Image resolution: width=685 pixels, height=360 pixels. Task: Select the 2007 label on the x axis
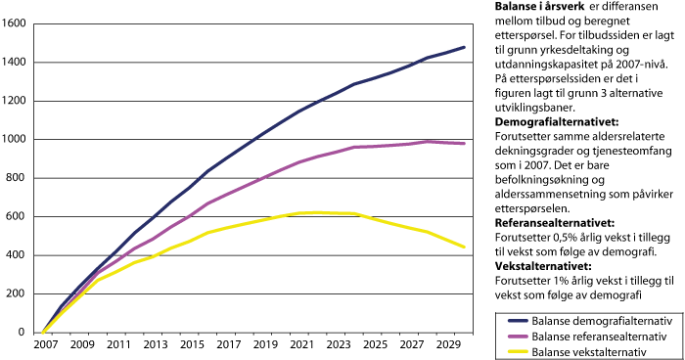click(45, 346)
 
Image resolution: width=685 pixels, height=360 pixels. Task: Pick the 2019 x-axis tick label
click(262, 346)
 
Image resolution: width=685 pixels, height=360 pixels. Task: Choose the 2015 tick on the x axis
click(190, 346)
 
